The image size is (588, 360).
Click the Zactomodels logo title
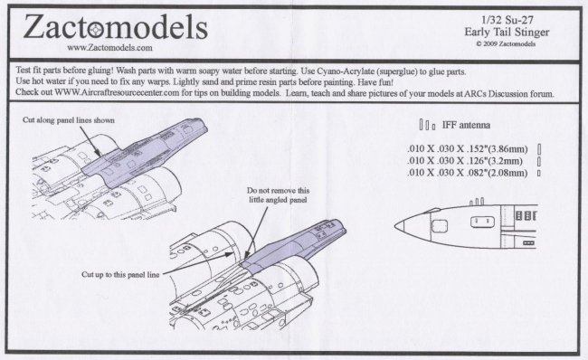click(116, 27)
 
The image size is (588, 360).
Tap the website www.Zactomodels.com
click(109, 48)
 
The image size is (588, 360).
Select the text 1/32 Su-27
click(507, 20)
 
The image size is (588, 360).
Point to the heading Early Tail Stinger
click(507, 32)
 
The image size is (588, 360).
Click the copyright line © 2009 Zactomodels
click(506, 44)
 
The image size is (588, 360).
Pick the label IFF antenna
click(466, 125)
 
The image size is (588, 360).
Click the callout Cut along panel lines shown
click(69, 120)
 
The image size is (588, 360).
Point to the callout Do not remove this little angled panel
click(278, 195)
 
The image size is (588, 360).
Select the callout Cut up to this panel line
click(120, 274)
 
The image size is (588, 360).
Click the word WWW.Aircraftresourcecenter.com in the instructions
click(117, 92)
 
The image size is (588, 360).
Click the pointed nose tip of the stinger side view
click(395, 226)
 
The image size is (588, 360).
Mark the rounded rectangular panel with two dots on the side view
click(482, 222)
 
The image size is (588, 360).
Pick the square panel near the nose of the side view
click(440, 226)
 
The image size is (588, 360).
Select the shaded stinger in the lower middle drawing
click(292, 246)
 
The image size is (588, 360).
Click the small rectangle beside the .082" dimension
click(539, 173)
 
